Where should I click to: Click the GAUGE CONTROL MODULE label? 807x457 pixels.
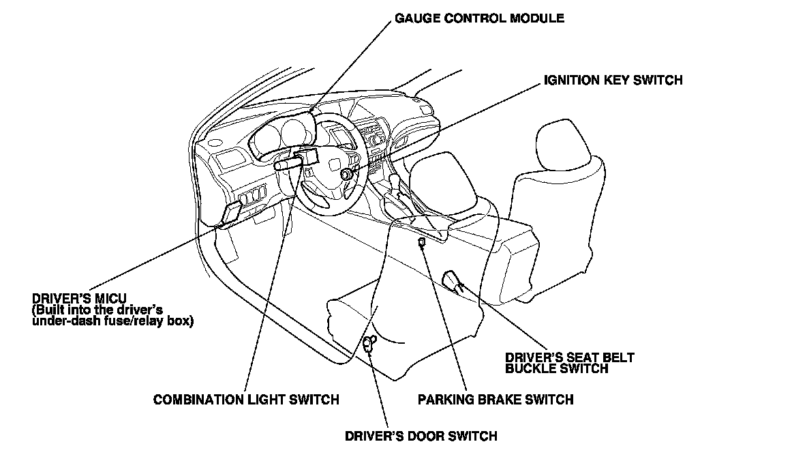[479, 18]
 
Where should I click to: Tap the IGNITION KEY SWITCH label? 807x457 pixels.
[613, 80]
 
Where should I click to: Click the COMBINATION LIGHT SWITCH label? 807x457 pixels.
[246, 400]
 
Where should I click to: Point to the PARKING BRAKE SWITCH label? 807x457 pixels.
[496, 400]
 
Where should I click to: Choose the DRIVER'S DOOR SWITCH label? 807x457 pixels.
[421, 436]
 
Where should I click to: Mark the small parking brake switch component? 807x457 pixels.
[423, 242]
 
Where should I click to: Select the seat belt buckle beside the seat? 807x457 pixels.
[453, 280]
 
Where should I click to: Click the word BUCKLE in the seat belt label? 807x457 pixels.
[532, 368]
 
